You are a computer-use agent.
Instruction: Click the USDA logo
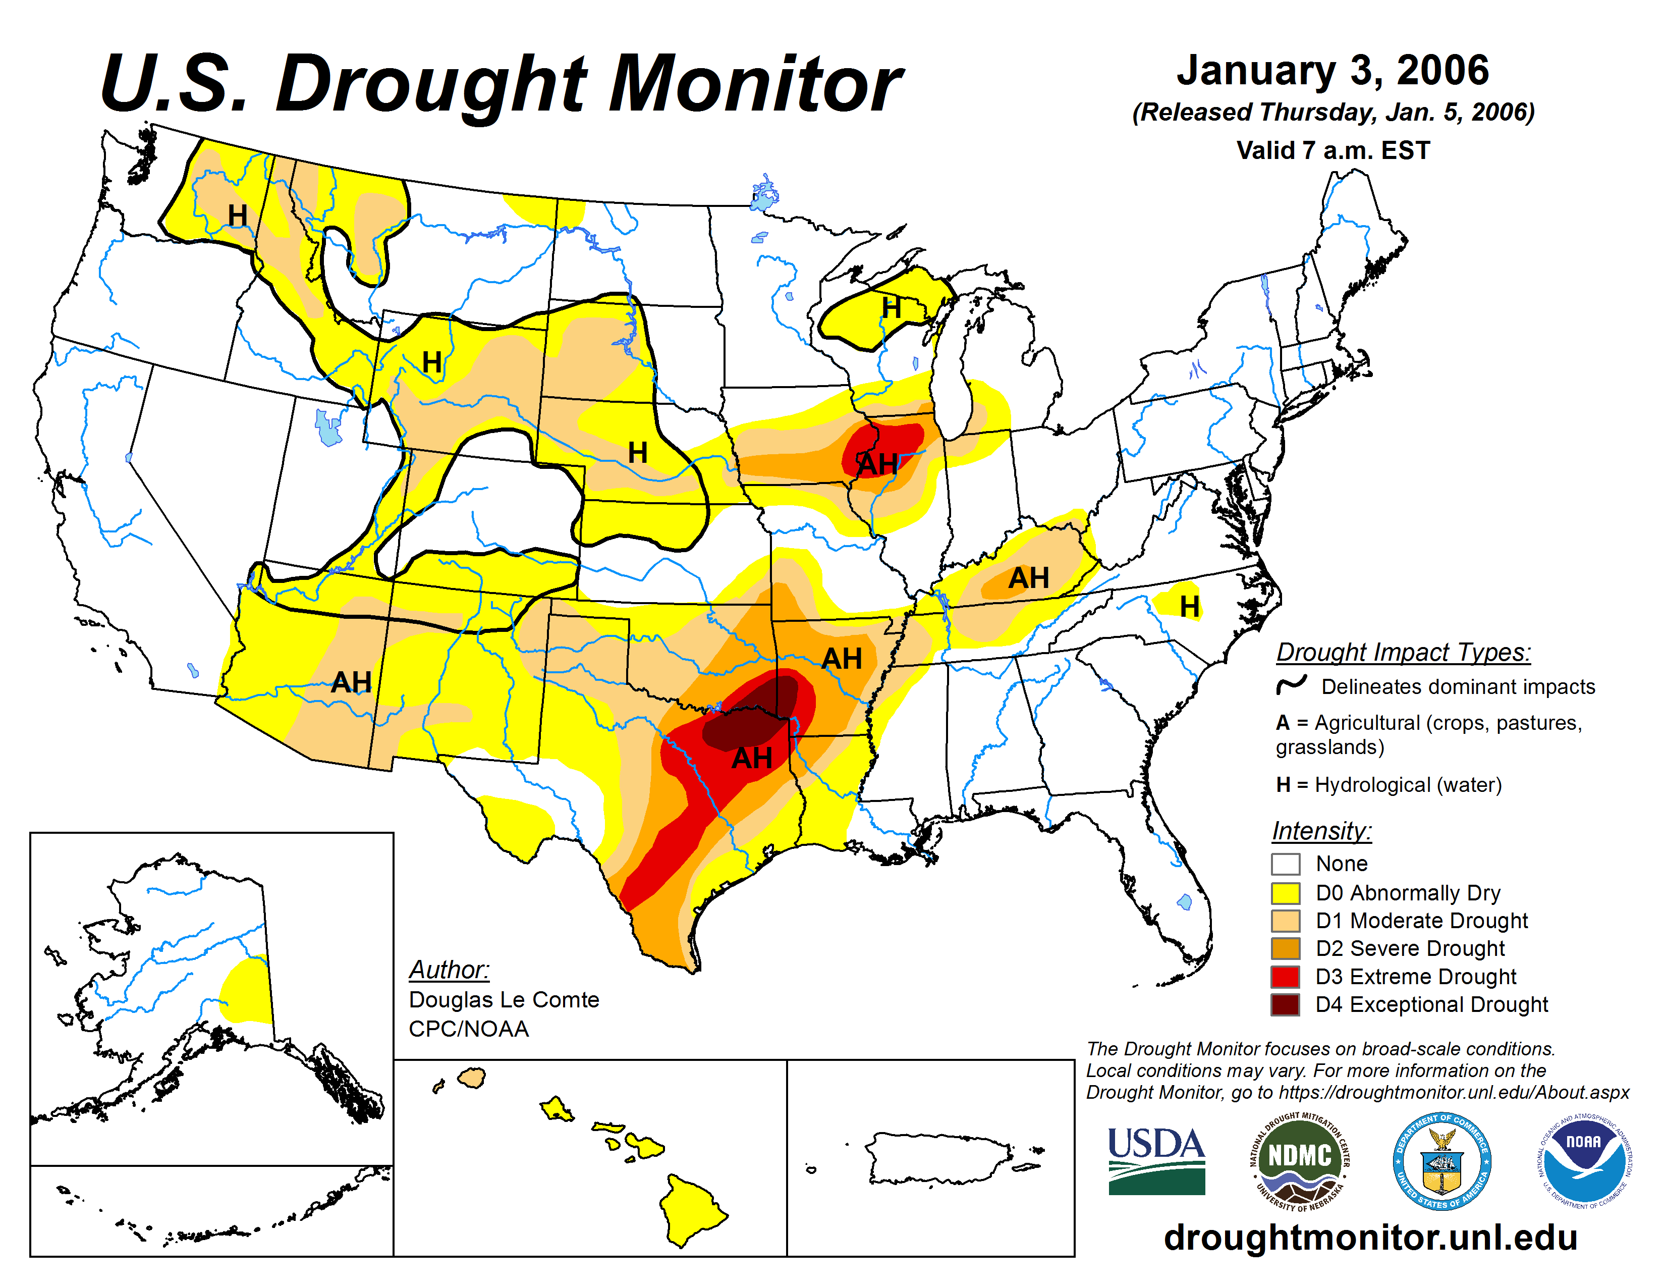click(x=1156, y=1160)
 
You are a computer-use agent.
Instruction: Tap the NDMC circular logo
click(x=1299, y=1160)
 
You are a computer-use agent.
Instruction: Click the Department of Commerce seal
click(x=1441, y=1160)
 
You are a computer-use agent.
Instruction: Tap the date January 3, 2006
click(x=1332, y=70)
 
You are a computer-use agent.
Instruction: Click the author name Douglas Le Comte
click(x=504, y=999)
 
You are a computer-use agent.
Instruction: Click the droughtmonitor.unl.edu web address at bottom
click(x=1370, y=1237)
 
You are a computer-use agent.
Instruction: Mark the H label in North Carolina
click(x=1189, y=606)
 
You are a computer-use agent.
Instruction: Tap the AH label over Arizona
click(x=352, y=682)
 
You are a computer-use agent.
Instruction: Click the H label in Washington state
click(x=238, y=216)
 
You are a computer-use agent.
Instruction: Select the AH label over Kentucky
click(x=1028, y=578)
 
